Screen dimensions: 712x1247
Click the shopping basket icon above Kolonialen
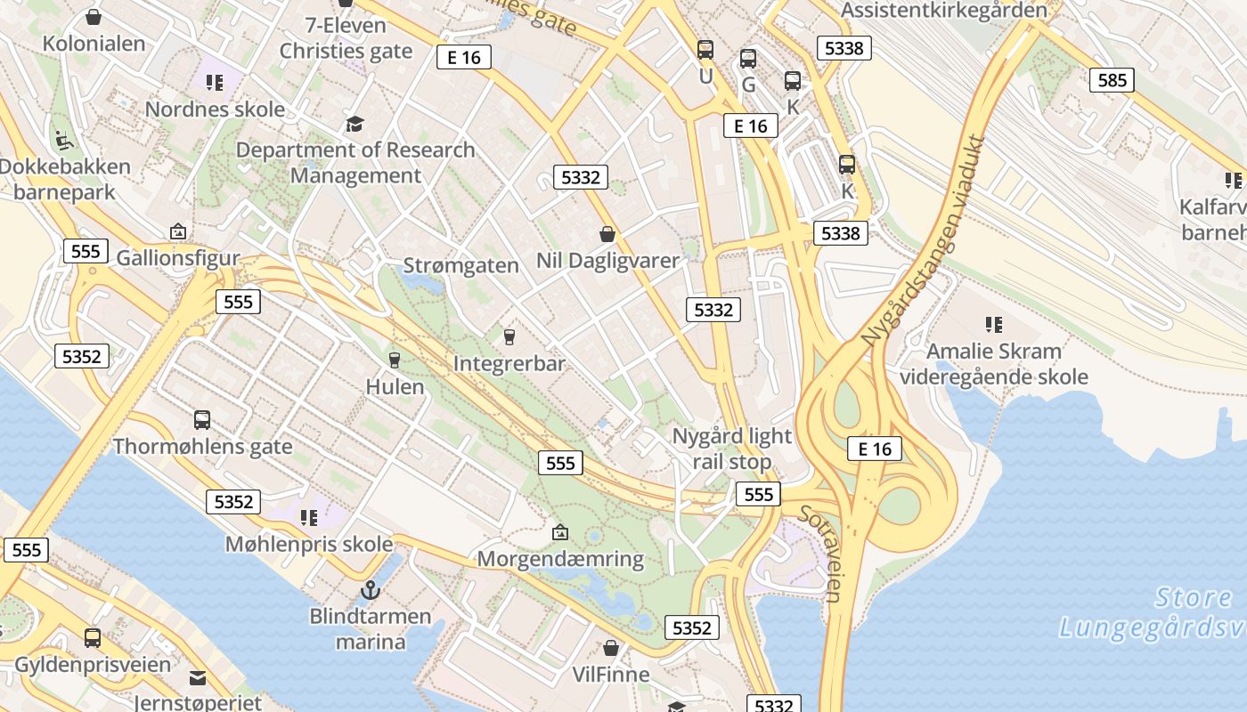[94, 17]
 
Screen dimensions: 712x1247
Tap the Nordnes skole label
[215, 109]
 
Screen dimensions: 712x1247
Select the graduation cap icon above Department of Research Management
[355, 124]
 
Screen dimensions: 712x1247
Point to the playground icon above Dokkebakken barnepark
[63, 140]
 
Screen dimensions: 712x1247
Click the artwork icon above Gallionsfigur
[178, 232]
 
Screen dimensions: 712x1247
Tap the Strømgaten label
[460, 265]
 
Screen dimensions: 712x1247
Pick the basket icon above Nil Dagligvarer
[607, 234]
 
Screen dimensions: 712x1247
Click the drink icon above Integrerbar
[509, 336]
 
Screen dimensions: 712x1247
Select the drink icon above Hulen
[395, 360]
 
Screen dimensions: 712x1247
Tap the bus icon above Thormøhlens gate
[202, 420]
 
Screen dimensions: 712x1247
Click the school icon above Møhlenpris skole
[309, 517]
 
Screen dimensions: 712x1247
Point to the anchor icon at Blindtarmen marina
[370, 589]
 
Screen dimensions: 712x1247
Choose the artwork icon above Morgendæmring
[560, 532]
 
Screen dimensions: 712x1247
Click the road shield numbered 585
[1112, 80]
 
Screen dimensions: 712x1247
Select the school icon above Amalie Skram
[994, 325]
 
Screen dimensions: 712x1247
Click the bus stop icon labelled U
[705, 50]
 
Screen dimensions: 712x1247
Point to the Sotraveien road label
[820, 553]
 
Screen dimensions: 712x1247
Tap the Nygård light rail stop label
[731, 449]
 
